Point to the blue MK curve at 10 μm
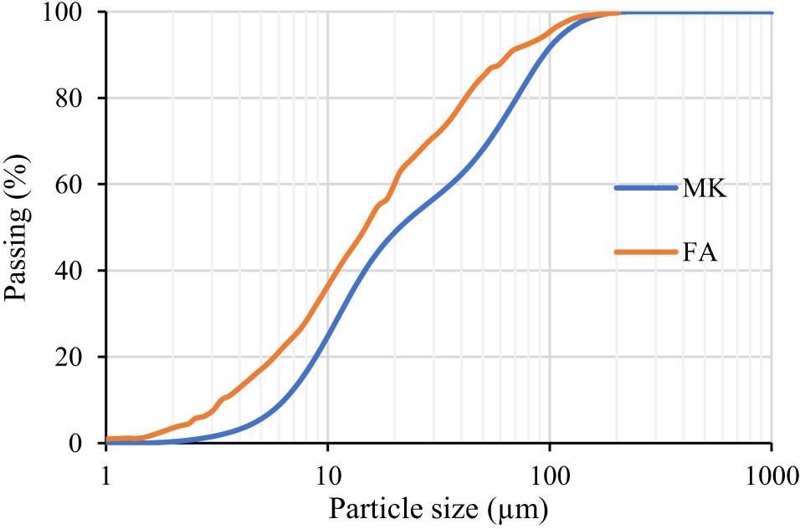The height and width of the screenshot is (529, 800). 327,338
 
